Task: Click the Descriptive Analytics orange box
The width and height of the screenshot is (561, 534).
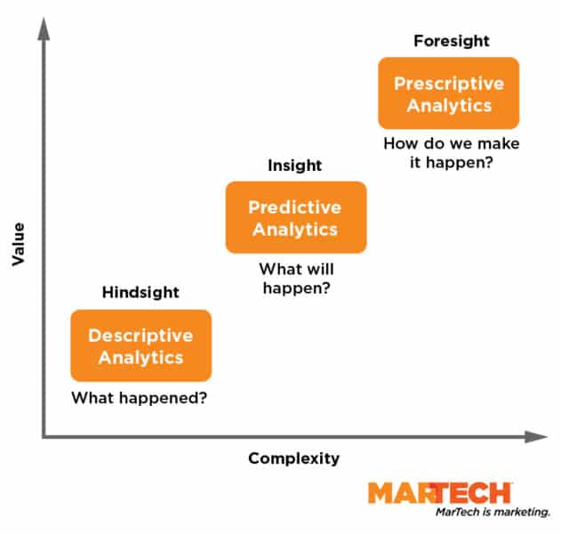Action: pos(140,345)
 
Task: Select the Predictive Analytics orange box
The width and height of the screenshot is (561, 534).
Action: pos(295,217)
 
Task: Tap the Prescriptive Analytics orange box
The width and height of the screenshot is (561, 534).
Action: pos(448,93)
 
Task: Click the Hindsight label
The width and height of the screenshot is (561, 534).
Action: pos(140,292)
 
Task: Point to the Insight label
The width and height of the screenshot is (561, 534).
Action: pos(294,166)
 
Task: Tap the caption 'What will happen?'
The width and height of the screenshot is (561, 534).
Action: pos(294,278)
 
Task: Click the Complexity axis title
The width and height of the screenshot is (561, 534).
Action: pos(293,458)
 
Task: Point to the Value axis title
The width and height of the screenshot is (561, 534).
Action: pos(17,244)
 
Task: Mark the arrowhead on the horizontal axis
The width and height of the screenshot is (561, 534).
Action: pos(536,436)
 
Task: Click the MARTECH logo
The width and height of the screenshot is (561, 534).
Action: pos(440,492)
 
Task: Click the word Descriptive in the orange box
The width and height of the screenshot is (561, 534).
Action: pos(140,336)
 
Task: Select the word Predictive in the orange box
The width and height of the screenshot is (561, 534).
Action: pos(294,207)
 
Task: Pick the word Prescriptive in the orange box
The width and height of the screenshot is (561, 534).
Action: pos(448,84)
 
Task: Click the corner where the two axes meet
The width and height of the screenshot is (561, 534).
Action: pos(43,436)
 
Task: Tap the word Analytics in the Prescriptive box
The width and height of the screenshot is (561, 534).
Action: pos(448,105)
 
